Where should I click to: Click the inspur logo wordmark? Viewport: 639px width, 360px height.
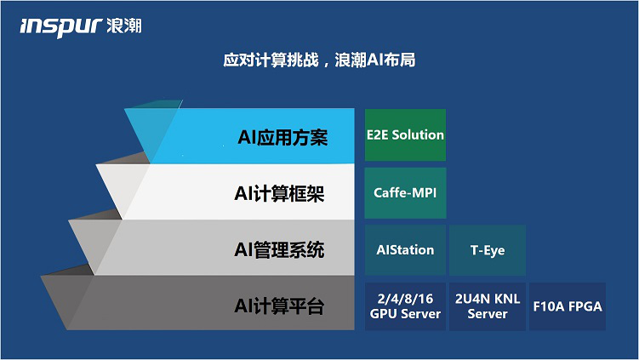60,27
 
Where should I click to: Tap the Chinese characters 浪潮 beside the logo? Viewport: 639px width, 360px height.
124,26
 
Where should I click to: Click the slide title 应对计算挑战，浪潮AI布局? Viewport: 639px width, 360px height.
319,60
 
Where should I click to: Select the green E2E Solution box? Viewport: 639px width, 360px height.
405,135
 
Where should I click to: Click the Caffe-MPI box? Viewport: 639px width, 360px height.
405,193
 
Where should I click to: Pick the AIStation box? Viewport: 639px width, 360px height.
405,250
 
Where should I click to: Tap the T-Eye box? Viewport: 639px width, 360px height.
488,250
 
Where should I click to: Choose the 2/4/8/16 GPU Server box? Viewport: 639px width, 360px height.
405,306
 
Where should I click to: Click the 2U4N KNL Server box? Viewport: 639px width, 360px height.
488,306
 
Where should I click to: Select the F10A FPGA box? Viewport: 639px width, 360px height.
568,306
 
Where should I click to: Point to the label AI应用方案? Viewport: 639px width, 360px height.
282,137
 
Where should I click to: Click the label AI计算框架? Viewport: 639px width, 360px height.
280,193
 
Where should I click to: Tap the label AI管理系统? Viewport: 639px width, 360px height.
280,250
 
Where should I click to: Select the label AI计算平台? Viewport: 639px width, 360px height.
280,306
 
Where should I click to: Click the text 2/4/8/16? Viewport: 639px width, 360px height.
405,299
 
